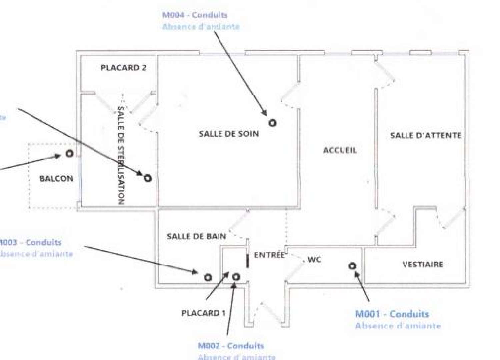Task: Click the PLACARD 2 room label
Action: click(123, 68)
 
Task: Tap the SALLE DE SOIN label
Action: click(229, 134)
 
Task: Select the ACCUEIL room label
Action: click(340, 150)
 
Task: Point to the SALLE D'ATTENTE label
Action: click(425, 135)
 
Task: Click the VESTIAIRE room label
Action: click(423, 264)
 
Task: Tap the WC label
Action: click(314, 259)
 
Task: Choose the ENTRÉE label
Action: click(269, 255)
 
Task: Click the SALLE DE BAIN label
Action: click(196, 236)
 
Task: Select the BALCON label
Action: click(56, 179)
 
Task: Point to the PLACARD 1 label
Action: click(203, 313)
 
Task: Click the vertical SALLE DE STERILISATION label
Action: click(121, 155)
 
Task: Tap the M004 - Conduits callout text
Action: click(195, 15)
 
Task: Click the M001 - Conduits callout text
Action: click(392, 314)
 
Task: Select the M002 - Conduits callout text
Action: click(231, 346)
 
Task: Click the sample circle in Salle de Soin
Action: click(272, 123)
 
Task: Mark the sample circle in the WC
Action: click(353, 266)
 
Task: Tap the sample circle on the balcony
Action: click(69, 154)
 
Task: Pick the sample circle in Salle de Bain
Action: click(207, 277)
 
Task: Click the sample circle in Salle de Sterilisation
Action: click(147, 178)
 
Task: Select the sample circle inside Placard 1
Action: click(236, 277)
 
